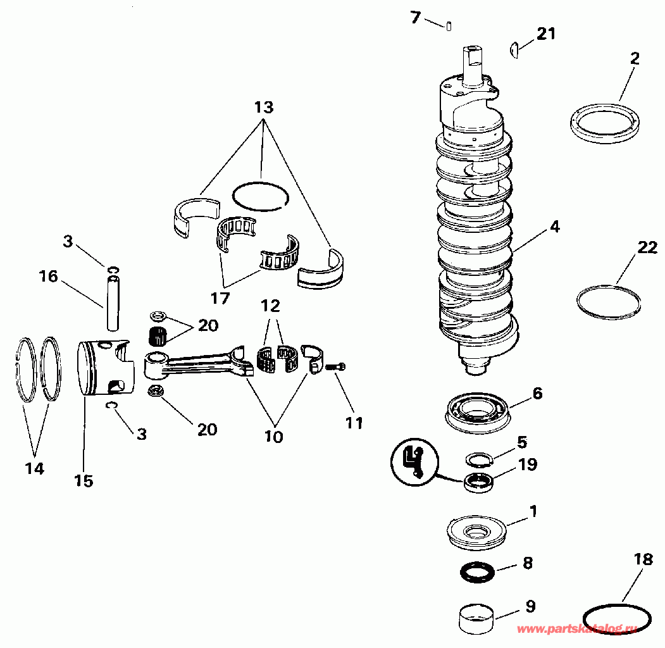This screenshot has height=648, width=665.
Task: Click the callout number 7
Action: coord(415,18)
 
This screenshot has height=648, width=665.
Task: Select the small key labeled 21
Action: coord(515,49)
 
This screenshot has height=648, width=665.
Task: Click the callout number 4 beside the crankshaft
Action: coord(554,227)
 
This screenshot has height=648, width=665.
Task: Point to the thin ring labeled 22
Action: coord(608,302)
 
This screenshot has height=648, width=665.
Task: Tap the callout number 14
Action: coord(35,468)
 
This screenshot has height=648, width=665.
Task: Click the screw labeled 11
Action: coord(335,366)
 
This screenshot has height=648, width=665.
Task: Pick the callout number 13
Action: coord(264,108)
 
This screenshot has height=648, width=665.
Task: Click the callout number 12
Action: coord(270,306)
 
